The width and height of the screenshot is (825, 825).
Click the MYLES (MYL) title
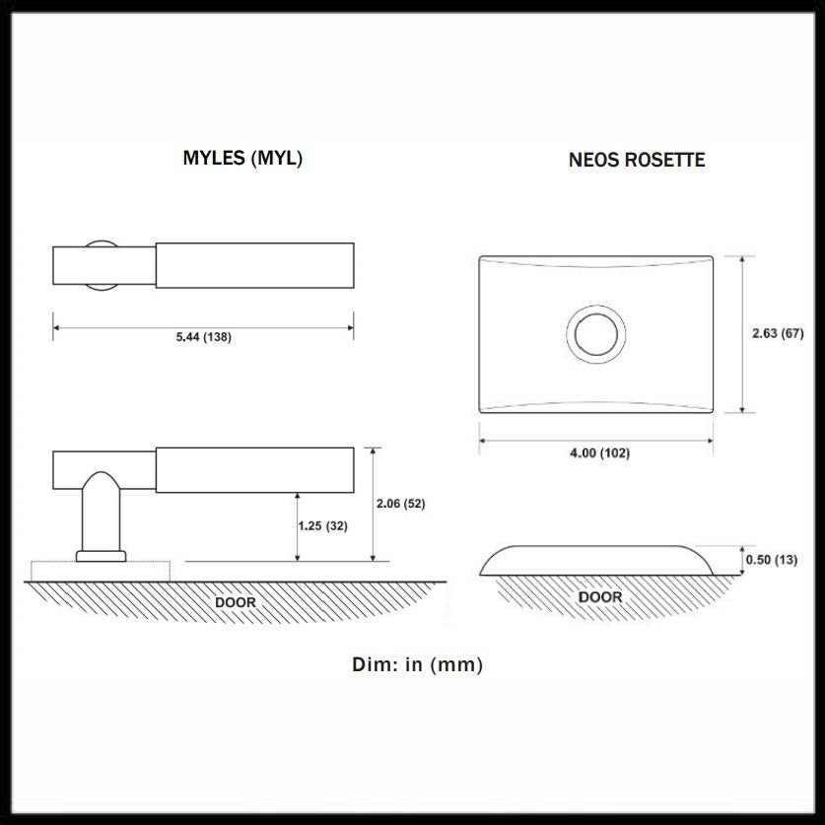coord(242,159)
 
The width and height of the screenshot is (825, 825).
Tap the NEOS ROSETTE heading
coord(637,160)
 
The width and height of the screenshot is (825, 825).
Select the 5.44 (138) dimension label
coord(204,337)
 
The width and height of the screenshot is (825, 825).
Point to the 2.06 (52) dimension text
coord(400,504)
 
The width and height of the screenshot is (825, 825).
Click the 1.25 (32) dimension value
coord(322,525)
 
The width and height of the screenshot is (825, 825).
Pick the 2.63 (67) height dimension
coord(778,333)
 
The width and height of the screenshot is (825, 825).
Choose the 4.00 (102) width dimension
coord(600,452)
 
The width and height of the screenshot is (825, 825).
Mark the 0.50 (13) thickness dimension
coord(772,559)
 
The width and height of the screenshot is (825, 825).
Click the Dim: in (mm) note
coord(417,664)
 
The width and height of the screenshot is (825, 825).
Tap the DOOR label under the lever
coord(236,602)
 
